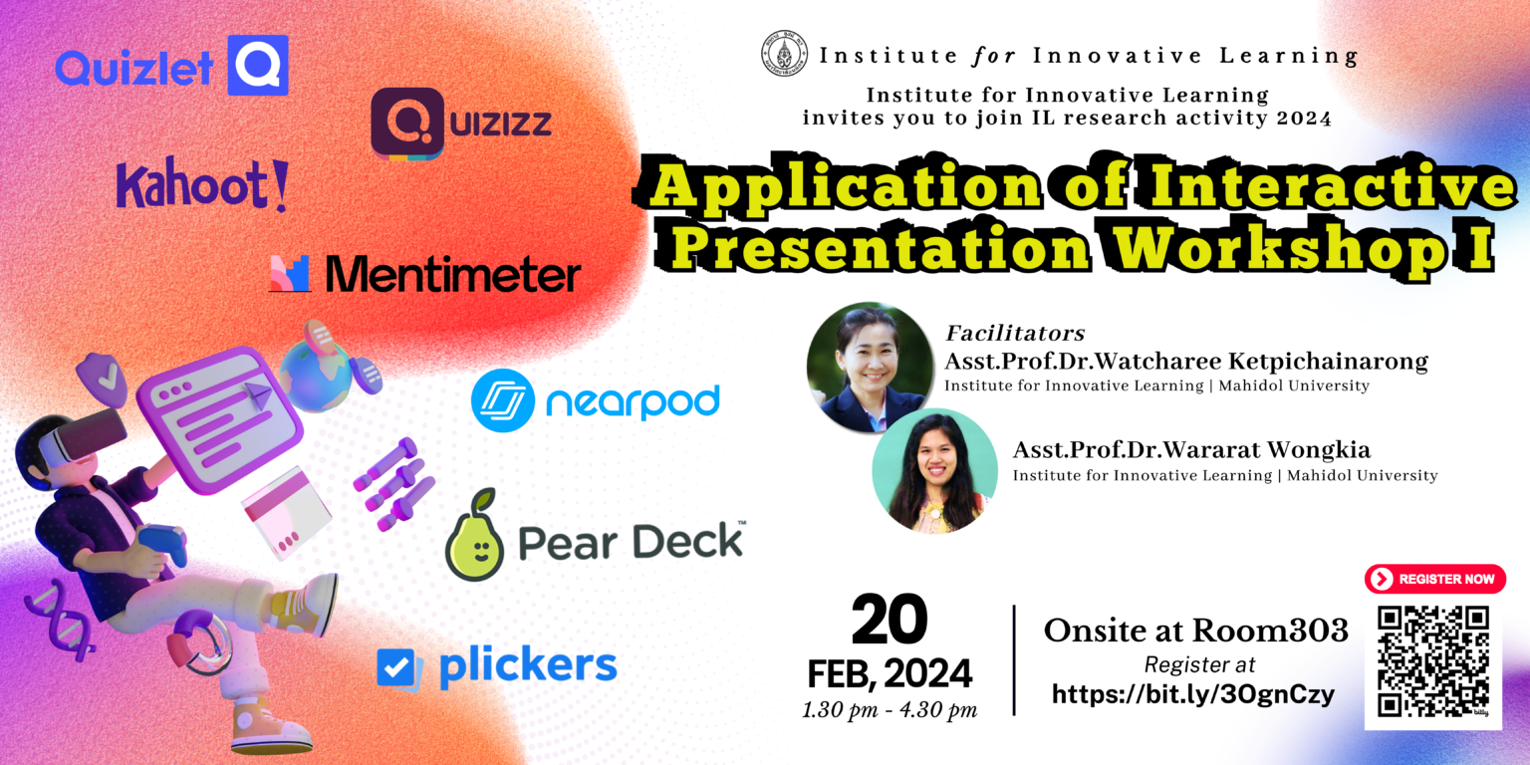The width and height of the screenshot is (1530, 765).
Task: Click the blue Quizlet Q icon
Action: pos(257,65)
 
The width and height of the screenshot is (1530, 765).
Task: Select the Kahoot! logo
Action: pos(201,186)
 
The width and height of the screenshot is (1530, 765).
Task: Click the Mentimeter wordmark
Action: pos(451,274)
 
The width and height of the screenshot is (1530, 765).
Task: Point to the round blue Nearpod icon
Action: pos(503,400)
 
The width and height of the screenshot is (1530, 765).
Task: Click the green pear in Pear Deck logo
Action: pos(474,537)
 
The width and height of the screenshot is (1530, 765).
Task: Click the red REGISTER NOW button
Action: pos(1434,579)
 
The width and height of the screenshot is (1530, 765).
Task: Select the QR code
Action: pos(1433,660)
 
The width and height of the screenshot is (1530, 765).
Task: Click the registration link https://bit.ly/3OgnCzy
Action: pos(1193,694)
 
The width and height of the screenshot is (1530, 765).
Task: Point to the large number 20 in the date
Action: pos(890,621)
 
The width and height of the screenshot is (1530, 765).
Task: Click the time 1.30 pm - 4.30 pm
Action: pos(890,710)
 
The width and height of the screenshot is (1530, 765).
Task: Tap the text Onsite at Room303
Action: pos(1195,630)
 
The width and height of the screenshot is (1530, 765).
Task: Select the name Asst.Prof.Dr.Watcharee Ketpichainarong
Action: pos(1185,362)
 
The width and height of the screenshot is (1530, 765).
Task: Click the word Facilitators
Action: pos(1014,334)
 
